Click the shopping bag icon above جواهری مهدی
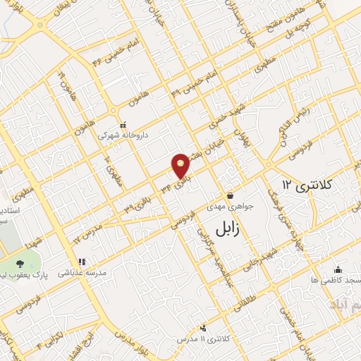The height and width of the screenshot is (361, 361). coord(229,195)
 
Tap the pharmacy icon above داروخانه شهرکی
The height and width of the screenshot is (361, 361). coord(123,125)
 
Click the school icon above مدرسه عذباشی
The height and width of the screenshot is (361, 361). coord(81,261)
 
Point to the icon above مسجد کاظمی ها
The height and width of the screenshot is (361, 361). coord(338,269)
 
